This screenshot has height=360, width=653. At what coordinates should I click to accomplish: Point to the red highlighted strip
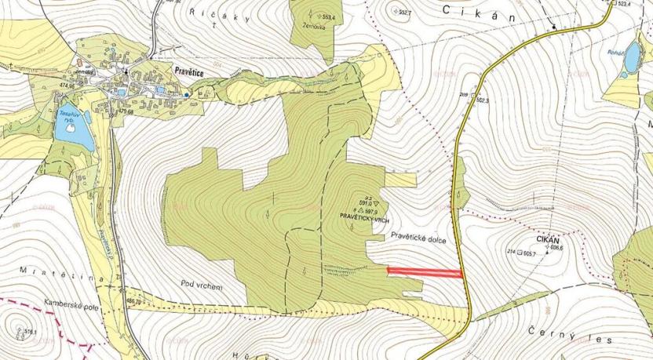click(x=425, y=272)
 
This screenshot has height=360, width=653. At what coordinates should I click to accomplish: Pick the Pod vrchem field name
click(x=201, y=286)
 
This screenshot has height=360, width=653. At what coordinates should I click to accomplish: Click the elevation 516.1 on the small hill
click(x=31, y=333)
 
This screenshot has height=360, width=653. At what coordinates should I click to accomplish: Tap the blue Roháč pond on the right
click(x=632, y=57)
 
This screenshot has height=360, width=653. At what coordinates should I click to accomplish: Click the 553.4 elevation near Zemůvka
click(x=328, y=16)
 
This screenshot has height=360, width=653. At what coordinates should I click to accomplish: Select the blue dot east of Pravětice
click(x=187, y=95)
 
